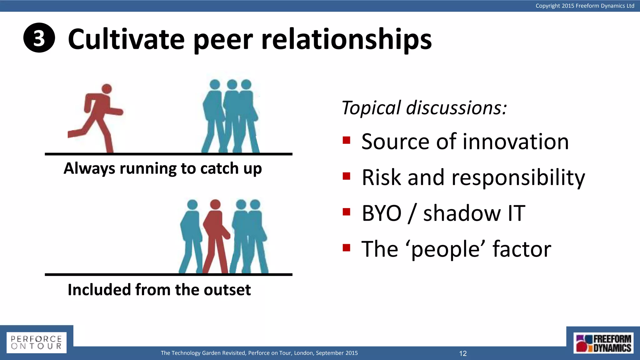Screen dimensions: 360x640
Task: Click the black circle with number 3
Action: pyautogui.click(x=39, y=38)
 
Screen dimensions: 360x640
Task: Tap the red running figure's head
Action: pyautogui.click(x=107, y=89)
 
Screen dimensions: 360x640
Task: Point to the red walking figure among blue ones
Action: pyautogui.click(x=215, y=234)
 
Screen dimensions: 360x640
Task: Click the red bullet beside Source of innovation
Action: pyautogui.click(x=346, y=140)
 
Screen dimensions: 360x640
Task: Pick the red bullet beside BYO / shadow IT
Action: pyautogui.click(x=346, y=212)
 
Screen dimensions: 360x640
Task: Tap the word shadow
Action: pyautogui.click(x=461, y=213)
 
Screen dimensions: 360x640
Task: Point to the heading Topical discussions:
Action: pyautogui.click(x=424, y=108)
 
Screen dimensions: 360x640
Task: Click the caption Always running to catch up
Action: pyautogui.click(x=162, y=168)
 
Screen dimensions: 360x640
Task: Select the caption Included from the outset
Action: pyautogui.click(x=159, y=290)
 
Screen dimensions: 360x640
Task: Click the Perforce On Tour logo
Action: pyautogui.click(x=36, y=342)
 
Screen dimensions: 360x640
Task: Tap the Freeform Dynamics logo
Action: pyautogui.click(x=603, y=343)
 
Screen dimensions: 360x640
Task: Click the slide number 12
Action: pyautogui.click(x=463, y=353)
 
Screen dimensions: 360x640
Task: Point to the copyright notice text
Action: pyautogui.click(x=585, y=6)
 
